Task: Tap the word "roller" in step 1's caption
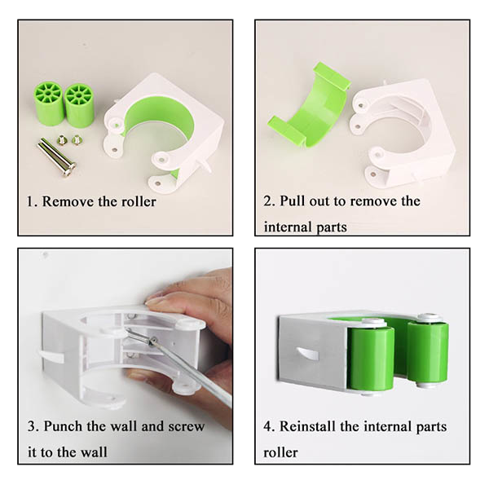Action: click(139, 201)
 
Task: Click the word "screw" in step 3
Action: click(186, 426)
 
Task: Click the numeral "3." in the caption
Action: click(33, 426)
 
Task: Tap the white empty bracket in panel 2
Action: click(403, 134)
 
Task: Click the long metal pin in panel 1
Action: click(57, 158)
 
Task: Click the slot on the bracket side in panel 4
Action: click(307, 354)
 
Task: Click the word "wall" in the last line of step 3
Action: click(92, 452)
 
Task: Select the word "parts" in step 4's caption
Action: click(431, 427)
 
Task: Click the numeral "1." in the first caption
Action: click(32, 202)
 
